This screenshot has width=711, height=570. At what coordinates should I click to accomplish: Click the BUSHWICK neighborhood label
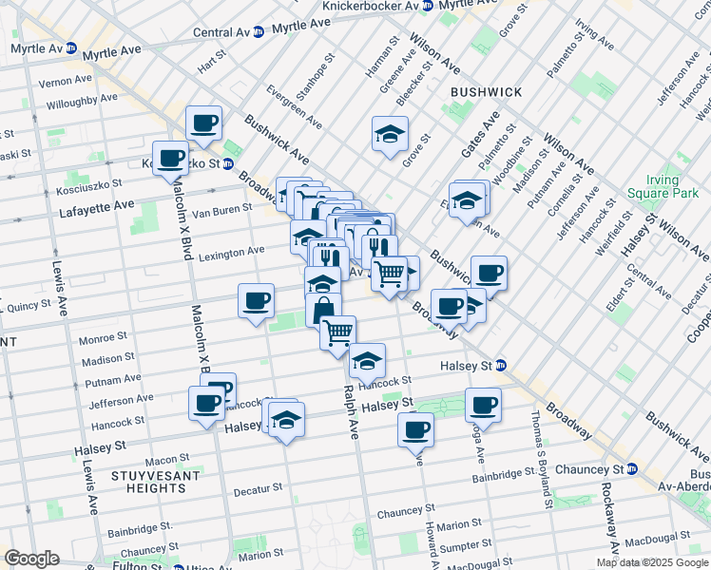tap(486, 92)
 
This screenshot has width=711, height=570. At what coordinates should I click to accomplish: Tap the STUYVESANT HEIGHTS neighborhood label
tap(147, 481)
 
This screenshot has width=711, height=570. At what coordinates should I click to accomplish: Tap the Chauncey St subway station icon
tap(631, 469)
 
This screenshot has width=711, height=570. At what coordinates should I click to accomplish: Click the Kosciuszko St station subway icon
tap(228, 163)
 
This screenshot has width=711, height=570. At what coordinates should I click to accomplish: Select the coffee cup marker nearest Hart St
tap(204, 123)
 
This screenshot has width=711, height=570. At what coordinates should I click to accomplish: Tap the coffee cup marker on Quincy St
tap(256, 301)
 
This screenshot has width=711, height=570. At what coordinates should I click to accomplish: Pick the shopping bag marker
tap(323, 310)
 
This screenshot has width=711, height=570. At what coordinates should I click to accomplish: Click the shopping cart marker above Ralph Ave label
tap(337, 332)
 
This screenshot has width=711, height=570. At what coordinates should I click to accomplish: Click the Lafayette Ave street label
tap(97, 205)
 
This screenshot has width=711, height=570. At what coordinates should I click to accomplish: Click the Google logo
tap(31, 559)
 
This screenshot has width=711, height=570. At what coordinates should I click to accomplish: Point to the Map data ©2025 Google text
tap(651, 562)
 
